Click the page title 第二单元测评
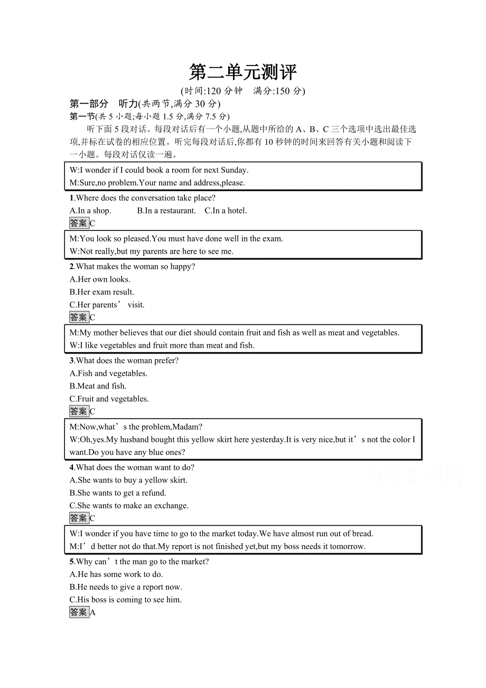point(243,72)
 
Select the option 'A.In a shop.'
point(90,211)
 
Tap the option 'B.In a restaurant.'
point(166,211)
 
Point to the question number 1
point(72,198)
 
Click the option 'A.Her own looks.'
point(100,280)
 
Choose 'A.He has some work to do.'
point(116,574)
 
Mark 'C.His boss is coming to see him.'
point(126,600)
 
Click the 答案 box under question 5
point(79,612)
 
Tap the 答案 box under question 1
point(79,224)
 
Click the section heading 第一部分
point(89,104)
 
